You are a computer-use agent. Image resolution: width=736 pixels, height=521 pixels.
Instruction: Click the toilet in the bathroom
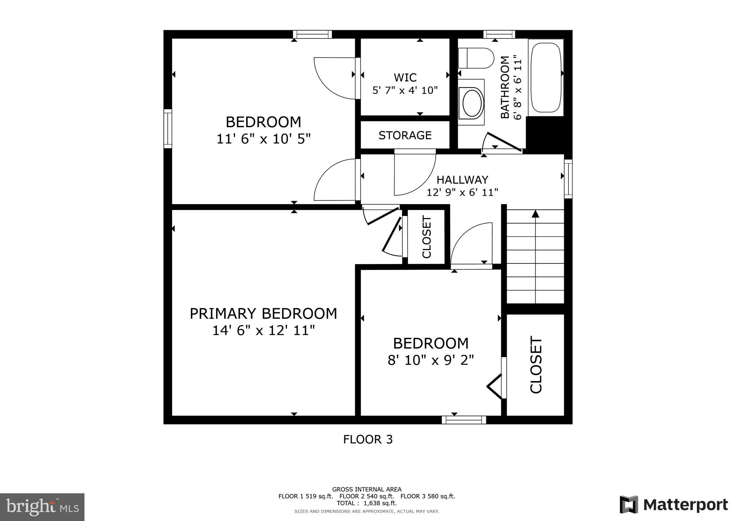[476, 58]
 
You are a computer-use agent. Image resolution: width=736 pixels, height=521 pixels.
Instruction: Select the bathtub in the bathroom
[546, 77]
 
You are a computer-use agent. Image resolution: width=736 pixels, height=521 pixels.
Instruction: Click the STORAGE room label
[405, 135]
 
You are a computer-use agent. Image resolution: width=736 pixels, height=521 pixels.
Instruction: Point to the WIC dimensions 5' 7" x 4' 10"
[405, 90]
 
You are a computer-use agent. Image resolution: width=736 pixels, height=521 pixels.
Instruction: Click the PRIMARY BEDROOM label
[263, 313]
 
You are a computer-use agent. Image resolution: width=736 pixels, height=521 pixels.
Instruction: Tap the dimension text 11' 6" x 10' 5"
[263, 139]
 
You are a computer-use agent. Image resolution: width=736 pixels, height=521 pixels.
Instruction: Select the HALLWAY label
[462, 179]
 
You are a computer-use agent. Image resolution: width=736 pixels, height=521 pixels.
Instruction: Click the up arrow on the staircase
[535, 214]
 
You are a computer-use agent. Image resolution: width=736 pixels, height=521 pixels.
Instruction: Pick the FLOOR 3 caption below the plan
[368, 439]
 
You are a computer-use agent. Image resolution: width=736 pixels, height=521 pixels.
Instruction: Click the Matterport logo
[673, 505]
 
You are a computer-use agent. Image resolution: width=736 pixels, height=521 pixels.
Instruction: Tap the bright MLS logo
[42, 507]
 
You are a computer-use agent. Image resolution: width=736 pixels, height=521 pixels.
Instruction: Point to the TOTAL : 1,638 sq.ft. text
[367, 503]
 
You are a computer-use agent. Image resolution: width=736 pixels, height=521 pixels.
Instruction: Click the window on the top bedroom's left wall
[168, 128]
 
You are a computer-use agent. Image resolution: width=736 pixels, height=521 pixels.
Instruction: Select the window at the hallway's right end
[568, 179]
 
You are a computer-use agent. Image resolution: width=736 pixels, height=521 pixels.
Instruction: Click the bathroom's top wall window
[499, 34]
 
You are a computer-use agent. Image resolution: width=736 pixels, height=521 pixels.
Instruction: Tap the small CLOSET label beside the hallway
[427, 237]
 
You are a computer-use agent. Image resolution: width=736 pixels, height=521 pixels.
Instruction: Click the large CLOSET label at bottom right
[536, 364]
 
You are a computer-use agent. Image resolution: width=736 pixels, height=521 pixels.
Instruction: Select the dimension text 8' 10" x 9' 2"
[431, 360]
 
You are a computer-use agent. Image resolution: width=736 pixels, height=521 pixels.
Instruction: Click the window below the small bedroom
[464, 420]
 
